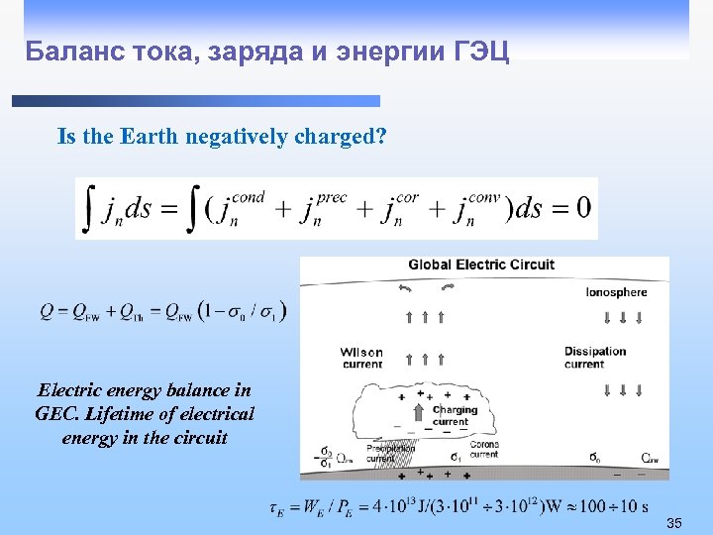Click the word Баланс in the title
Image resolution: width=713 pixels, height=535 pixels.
pyautogui.click(x=63, y=52)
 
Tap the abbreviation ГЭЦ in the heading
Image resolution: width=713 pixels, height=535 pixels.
pyautogui.click(x=480, y=52)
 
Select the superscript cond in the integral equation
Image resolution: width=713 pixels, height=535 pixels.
pyautogui.click(x=248, y=196)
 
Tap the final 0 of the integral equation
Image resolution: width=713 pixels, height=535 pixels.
pyautogui.click(x=583, y=208)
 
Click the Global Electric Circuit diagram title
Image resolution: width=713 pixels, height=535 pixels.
pyautogui.click(x=481, y=265)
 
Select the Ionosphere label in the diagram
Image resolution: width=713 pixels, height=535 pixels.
pyautogui.click(x=616, y=292)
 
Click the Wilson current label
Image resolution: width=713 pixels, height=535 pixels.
pyautogui.click(x=361, y=358)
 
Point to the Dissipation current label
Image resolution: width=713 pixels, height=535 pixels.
pyautogui.click(x=595, y=357)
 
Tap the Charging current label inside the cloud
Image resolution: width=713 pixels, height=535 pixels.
pyautogui.click(x=455, y=415)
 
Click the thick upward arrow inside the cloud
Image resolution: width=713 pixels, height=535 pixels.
pyautogui.click(x=420, y=410)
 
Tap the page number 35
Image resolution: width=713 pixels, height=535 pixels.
pyautogui.click(x=674, y=522)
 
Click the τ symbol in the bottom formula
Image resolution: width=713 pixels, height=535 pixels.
pyautogui.click(x=275, y=507)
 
